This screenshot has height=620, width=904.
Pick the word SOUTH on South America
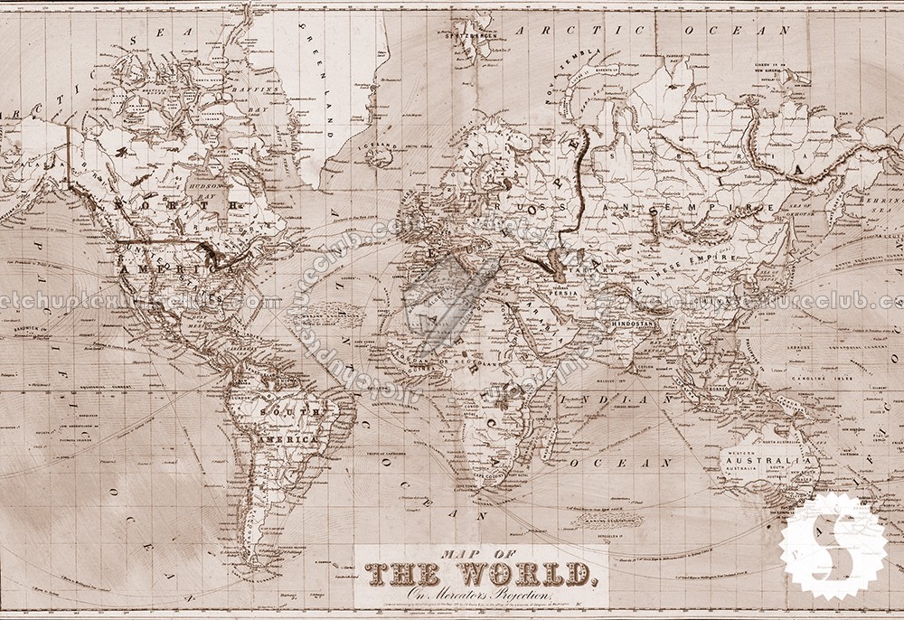(278, 413)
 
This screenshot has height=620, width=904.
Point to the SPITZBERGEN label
(467, 36)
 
